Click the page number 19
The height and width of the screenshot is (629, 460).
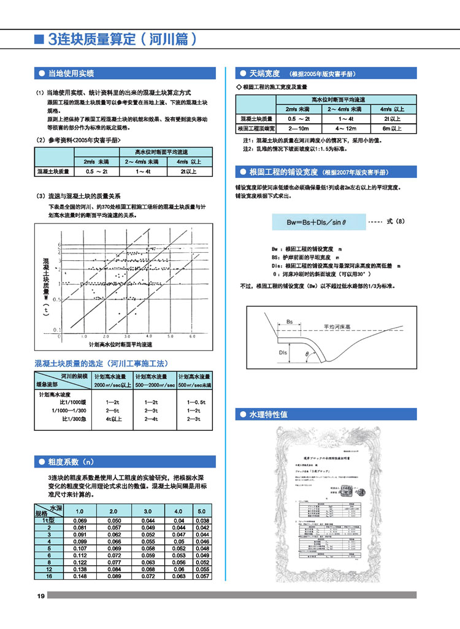[40, 596]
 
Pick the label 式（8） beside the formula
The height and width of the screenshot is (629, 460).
[396, 220]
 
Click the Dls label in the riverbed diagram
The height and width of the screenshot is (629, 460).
[283, 353]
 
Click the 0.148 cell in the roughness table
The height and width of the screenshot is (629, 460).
[80, 576]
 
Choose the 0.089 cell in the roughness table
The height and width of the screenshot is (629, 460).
[113, 576]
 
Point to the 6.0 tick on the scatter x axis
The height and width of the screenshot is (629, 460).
[191, 337]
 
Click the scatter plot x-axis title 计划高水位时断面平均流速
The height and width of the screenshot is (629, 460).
[120, 346]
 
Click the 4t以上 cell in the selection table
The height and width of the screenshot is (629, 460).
[114, 419]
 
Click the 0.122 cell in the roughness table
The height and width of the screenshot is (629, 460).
[80, 561]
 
